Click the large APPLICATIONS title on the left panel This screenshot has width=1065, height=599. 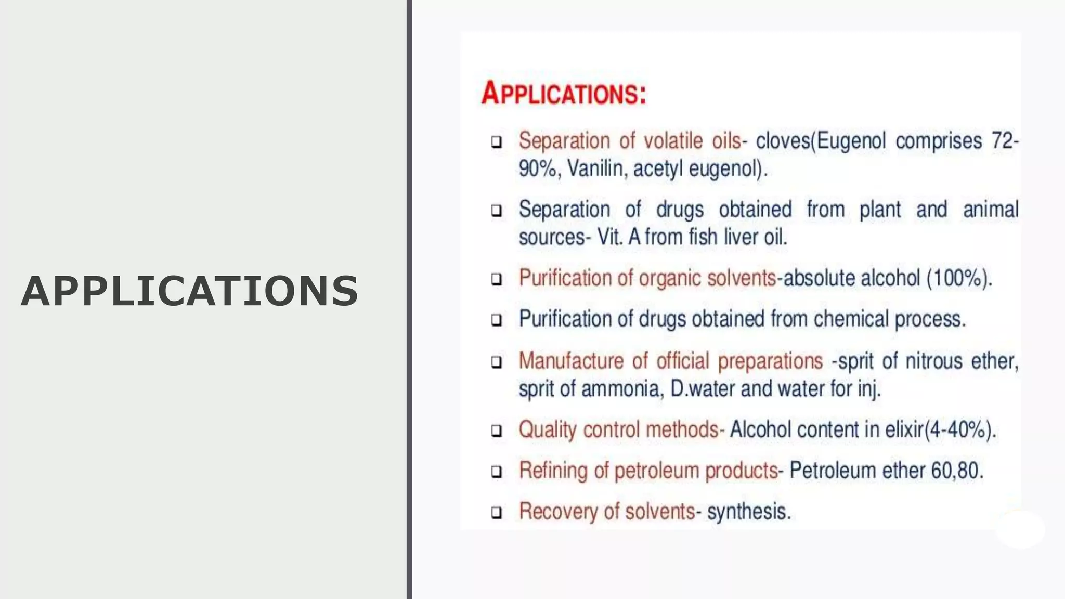tap(190, 291)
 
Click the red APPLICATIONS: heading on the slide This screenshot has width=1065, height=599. tap(564, 94)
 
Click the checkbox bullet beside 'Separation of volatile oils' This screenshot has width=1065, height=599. tap(497, 142)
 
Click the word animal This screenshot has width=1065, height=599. tap(990, 210)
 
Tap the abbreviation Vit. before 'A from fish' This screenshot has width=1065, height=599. tap(610, 237)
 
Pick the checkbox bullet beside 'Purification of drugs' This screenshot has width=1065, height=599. tap(497, 320)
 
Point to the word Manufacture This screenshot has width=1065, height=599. tap(571, 361)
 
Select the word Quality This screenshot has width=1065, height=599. tap(548, 430)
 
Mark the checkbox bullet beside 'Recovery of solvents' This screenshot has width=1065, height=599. tap(497, 513)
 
